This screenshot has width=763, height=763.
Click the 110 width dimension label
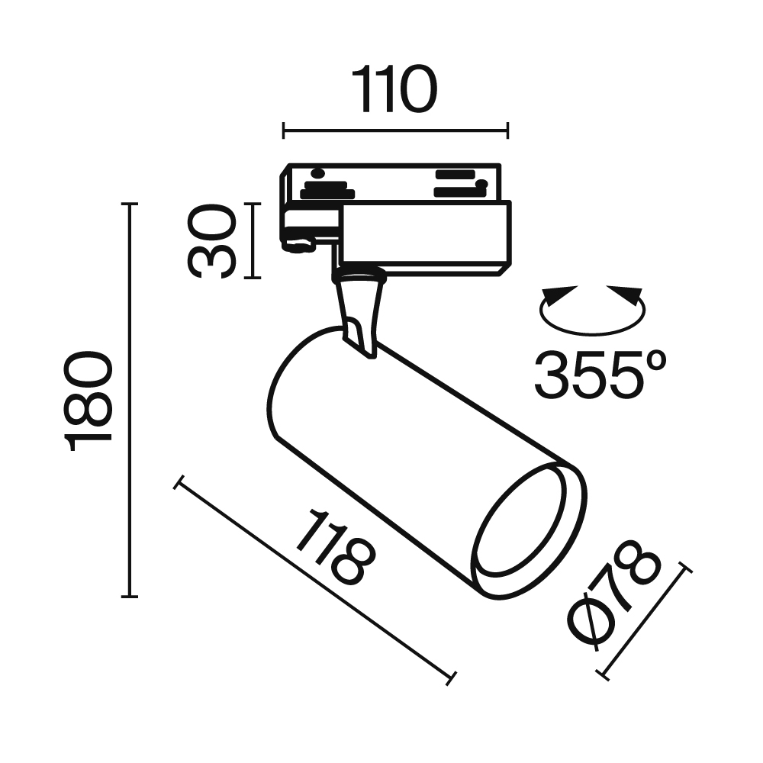click(x=394, y=89)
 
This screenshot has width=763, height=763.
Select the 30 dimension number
click(x=211, y=241)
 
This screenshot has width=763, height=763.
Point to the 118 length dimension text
click(x=336, y=549)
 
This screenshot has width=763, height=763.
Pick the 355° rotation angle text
click(x=600, y=374)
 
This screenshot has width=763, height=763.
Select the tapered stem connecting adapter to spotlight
click(x=359, y=313)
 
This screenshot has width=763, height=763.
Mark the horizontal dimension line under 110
click(x=394, y=130)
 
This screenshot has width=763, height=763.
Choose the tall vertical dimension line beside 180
click(x=130, y=401)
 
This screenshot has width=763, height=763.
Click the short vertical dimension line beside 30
click(x=253, y=241)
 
